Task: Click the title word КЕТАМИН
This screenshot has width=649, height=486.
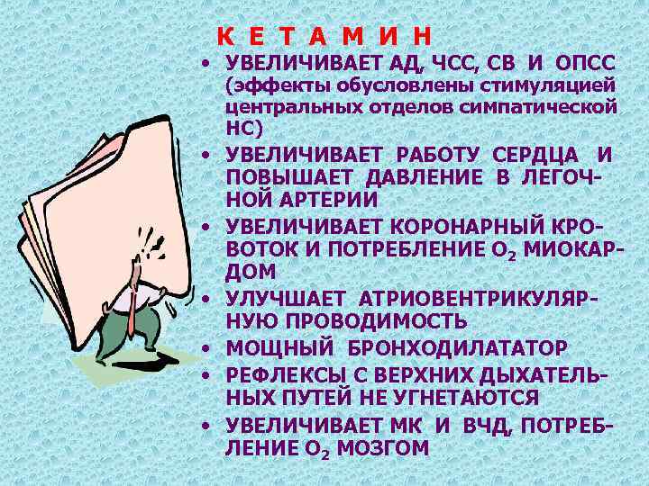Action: tap(324, 37)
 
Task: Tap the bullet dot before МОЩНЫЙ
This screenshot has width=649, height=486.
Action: tap(206, 347)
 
